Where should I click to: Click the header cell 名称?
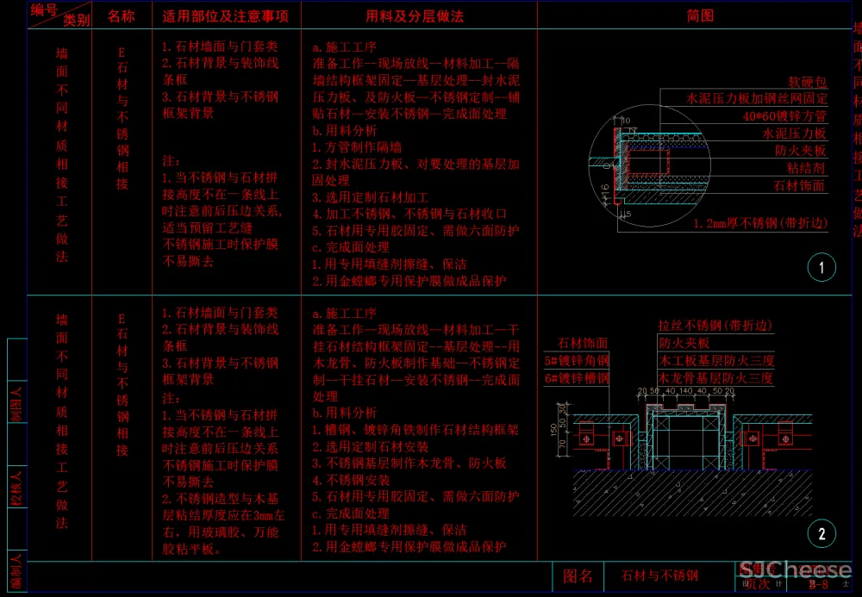click(121, 16)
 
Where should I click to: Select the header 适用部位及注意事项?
click(226, 16)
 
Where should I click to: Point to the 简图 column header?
click(700, 16)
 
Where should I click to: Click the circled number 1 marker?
click(821, 268)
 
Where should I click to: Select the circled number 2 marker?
click(821, 534)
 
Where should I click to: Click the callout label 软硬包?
click(808, 83)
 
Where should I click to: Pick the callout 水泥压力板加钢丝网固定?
click(757, 99)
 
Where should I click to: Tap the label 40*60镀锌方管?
click(784, 116)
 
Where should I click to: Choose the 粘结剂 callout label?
click(806, 168)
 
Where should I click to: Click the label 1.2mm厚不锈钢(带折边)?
click(760, 223)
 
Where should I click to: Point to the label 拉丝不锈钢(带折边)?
click(715, 326)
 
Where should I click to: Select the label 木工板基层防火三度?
click(715, 360)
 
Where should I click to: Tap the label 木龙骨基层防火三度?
click(715, 377)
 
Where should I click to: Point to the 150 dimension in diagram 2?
click(554, 429)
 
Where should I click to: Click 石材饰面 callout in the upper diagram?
click(799, 185)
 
